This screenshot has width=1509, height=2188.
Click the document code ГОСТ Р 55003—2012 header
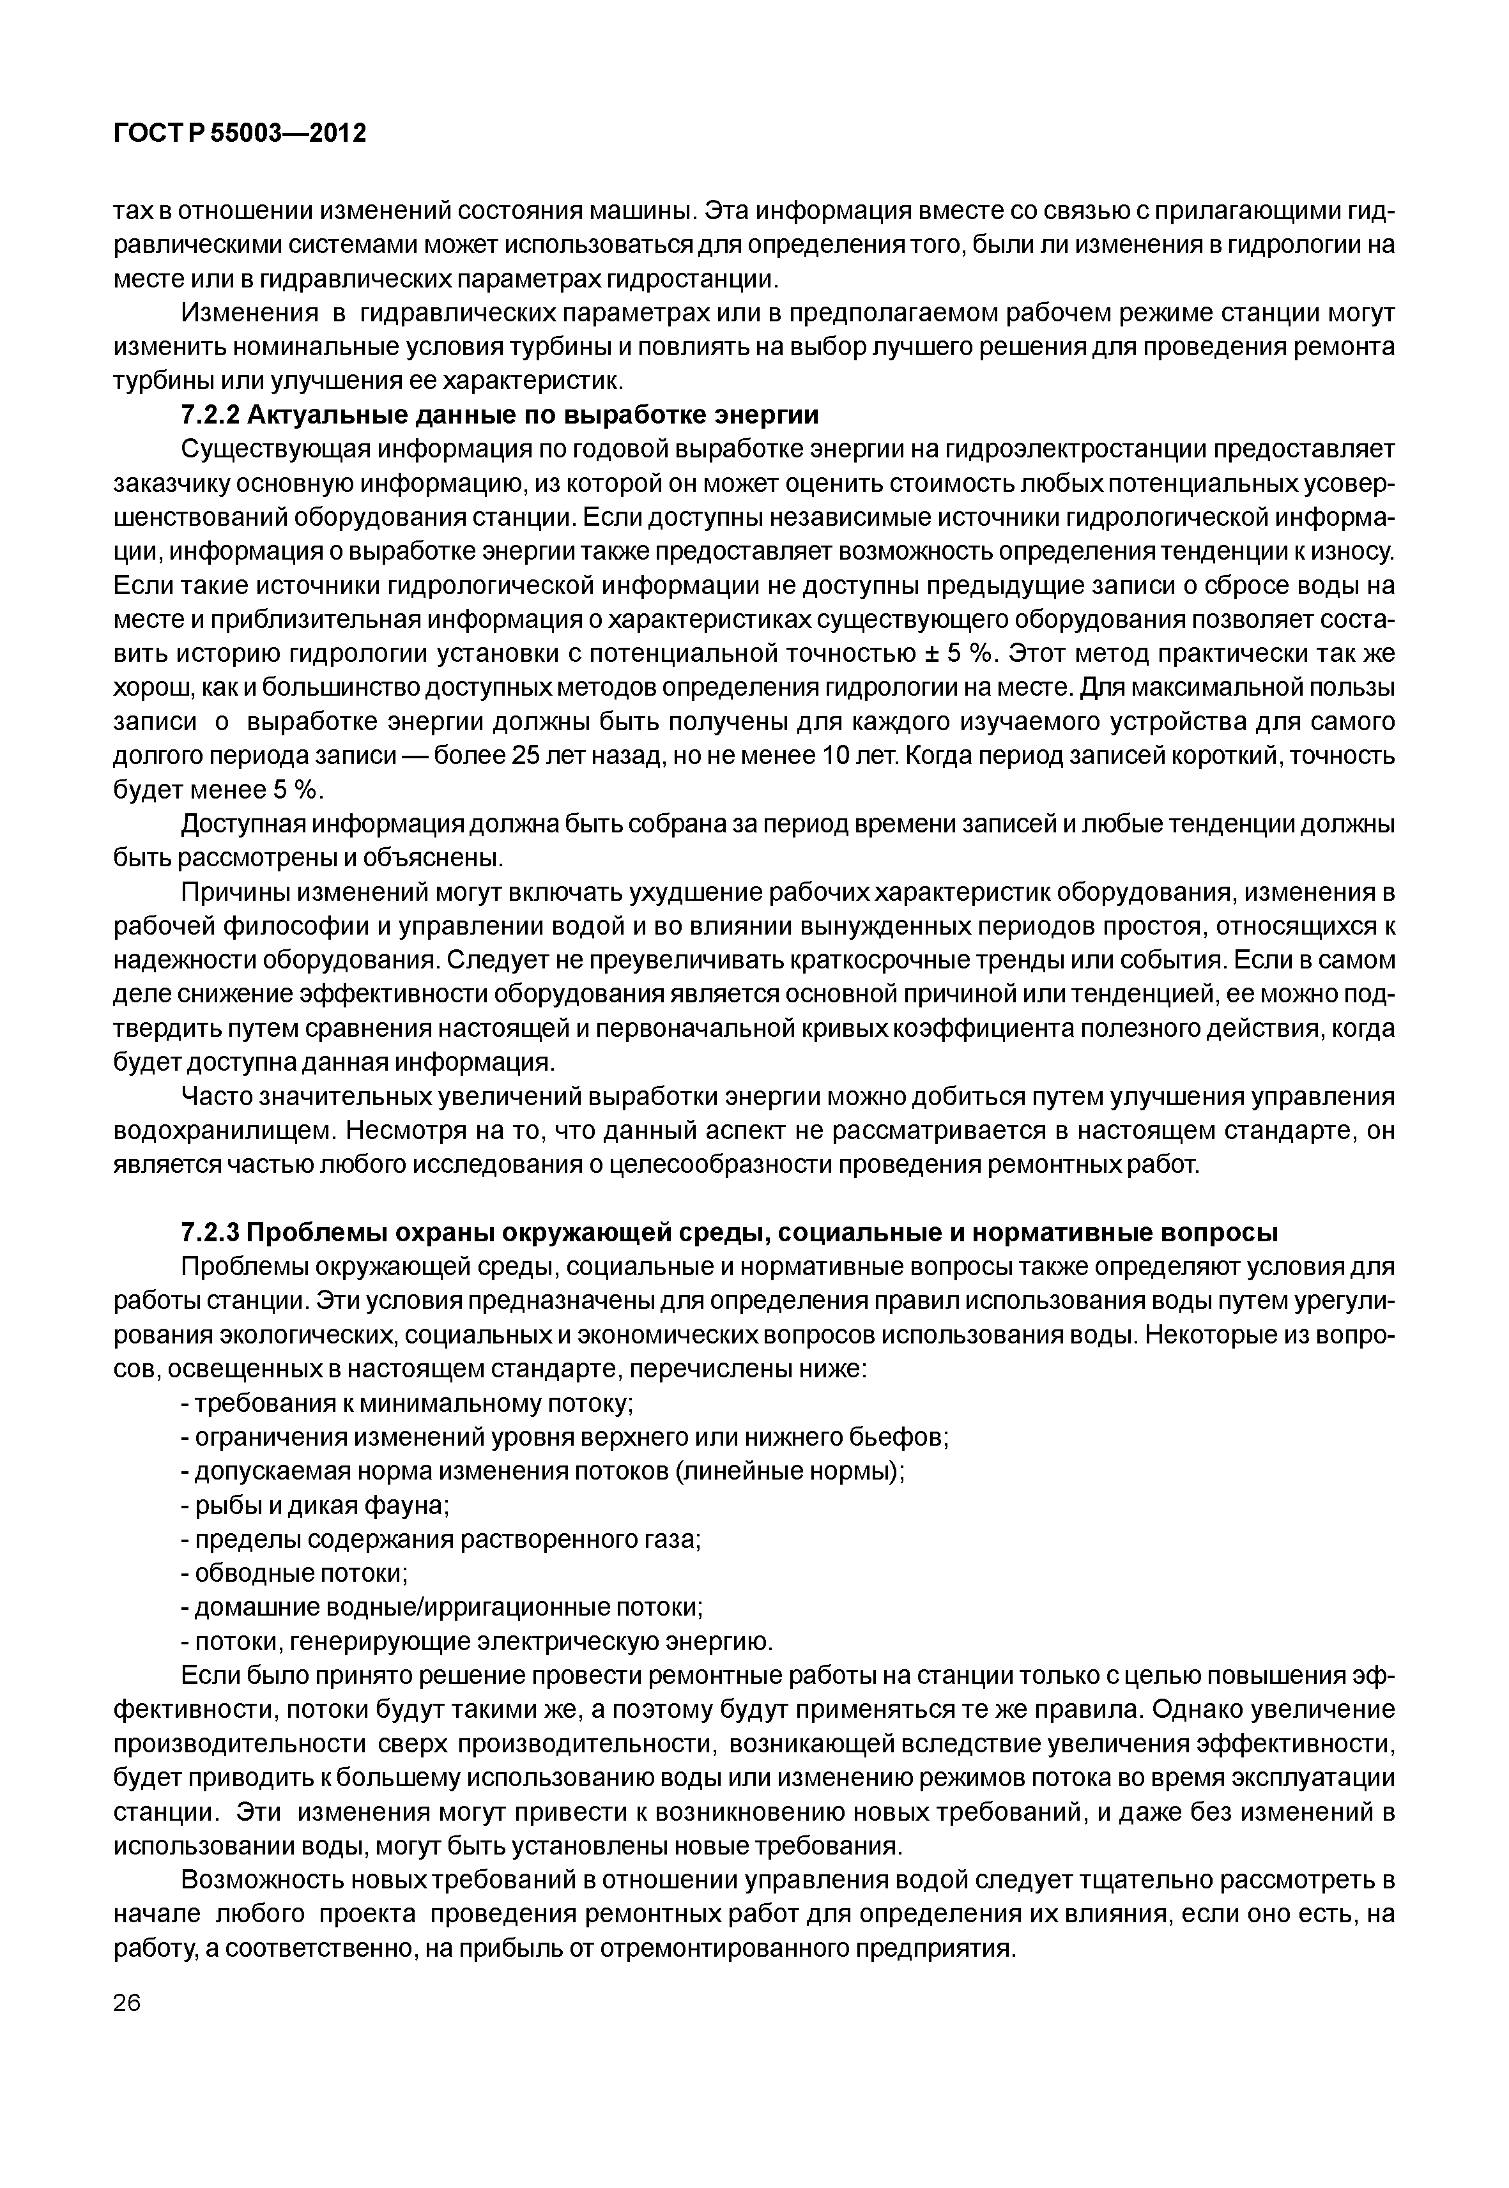(238, 134)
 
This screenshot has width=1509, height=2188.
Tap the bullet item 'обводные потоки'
(294, 1573)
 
